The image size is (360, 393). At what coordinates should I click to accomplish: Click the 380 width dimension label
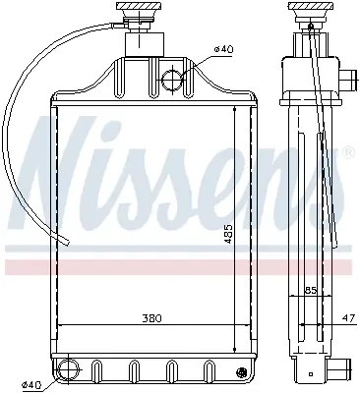click(151, 318)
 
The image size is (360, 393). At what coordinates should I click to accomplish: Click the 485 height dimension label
click(229, 234)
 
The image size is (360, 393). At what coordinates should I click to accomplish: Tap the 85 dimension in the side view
click(310, 291)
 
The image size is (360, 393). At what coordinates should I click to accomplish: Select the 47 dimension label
click(348, 318)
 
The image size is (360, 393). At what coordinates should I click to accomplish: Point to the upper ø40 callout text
click(223, 49)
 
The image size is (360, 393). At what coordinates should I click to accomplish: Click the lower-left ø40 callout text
click(31, 386)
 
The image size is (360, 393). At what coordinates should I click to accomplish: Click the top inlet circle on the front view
click(172, 80)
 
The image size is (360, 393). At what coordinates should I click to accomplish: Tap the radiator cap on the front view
click(140, 13)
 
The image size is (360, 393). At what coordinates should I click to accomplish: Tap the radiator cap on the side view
click(310, 13)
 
